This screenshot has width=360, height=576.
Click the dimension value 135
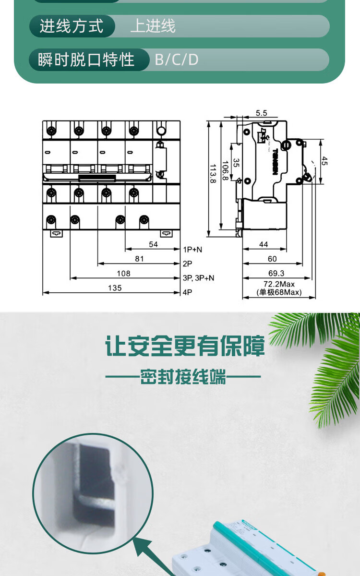point(115,288)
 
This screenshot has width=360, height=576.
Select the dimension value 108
point(124,274)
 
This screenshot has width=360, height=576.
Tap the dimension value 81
point(139,259)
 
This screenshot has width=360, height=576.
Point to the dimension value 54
point(153,245)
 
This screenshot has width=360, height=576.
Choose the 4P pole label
point(187,292)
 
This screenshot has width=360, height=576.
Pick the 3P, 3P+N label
point(199,278)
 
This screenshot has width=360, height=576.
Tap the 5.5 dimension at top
point(261,113)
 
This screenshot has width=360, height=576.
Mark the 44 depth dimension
point(264,245)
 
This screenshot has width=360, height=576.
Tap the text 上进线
point(153,26)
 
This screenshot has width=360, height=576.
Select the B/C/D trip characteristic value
point(176,60)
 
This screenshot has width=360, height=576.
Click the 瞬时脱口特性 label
point(86,60)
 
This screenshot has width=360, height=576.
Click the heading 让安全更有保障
point(185,347)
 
